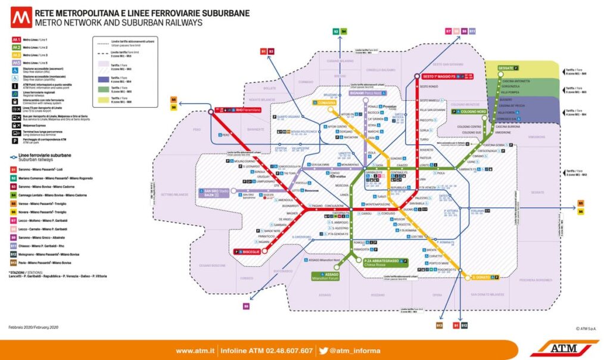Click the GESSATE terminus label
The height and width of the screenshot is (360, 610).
pyautogui.click(x=507, y=68)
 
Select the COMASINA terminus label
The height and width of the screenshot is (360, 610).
pyautogui.click(x=326, y=103)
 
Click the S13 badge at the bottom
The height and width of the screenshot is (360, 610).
pyautogui.click(x=439, y=325)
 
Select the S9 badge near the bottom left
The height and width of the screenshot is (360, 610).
pyautogui.click(x=245, y=306)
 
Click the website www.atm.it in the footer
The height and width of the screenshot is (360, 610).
pyautogui.click(x=195, y=350)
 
